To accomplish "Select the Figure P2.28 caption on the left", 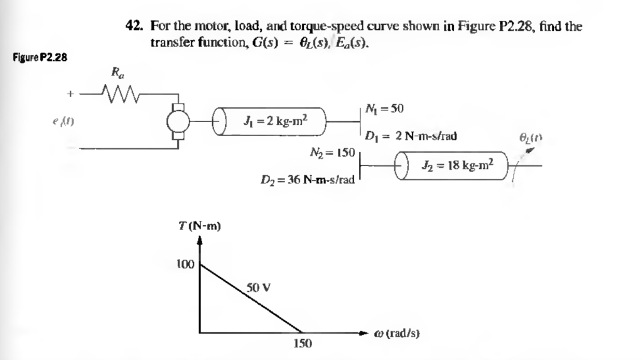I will point(40,58).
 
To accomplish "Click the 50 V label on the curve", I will point(259,288).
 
